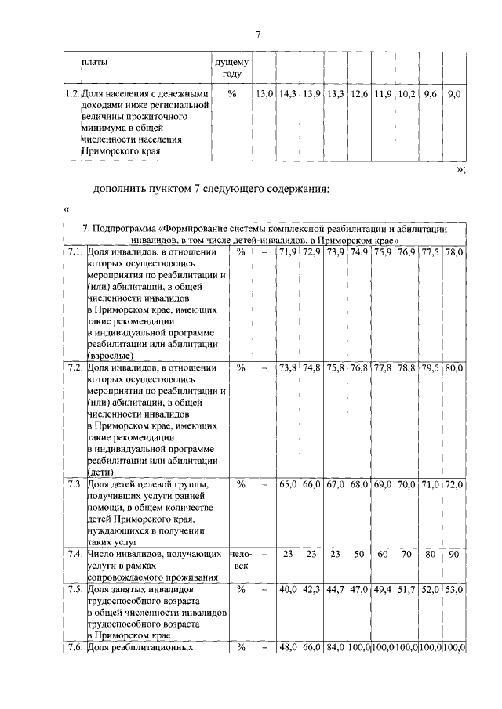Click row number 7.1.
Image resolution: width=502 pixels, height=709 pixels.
point(74,252)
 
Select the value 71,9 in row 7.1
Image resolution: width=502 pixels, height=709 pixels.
point(288,252)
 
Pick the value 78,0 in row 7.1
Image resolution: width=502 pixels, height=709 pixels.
point(454,252)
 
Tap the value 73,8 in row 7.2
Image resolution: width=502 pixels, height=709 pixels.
point(288,368)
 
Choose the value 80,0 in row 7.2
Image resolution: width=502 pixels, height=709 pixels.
point(454,368)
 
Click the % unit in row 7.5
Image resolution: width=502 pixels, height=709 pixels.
point(241,588)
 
